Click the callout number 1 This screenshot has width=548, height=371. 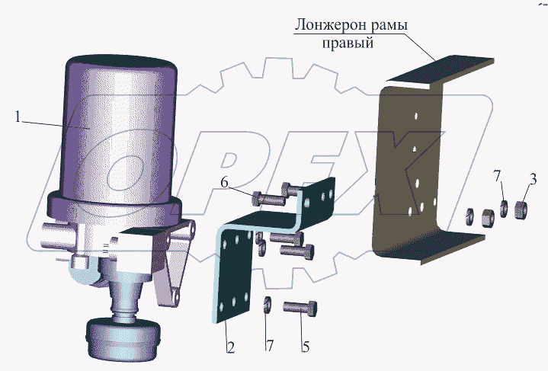pyautogui.click(x=18, y=117)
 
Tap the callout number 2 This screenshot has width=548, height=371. pyautogui.click(x=230, y=347)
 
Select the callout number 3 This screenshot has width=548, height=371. pyautogui.click(x=532, y=180)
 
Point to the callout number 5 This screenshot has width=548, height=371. pyautogui.click(x=306, y=347)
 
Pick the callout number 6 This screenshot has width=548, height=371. pyautogui.click(x=224, y=182)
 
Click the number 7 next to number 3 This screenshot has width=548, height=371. pyautogui.click(x=498, y=176)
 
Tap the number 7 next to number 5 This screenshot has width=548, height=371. pyautogui.click(x=269, y=346)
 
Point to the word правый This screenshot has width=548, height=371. pyautogui.click(x=348, y=43)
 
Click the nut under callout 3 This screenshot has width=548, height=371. pyautogui.click(x=521, y=210)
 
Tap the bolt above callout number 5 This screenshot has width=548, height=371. pyautogui.click(x=300, y=309)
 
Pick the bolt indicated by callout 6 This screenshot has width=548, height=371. pyautogui.click(x=268, y=199)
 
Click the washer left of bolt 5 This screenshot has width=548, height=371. pyautogui.click(x=268, y=305)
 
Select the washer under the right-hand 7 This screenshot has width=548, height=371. pyautogui.click(x=504, y=208)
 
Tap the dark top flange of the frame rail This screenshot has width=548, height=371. pyautogui.click(x=441, y=70)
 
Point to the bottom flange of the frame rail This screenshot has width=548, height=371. pyautogui.click(x=435, y=248)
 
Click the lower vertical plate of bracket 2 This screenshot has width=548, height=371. pyautogui.click(x=233, y=276)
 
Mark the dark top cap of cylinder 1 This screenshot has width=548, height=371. pyautogui.click(x=121, y=63)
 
